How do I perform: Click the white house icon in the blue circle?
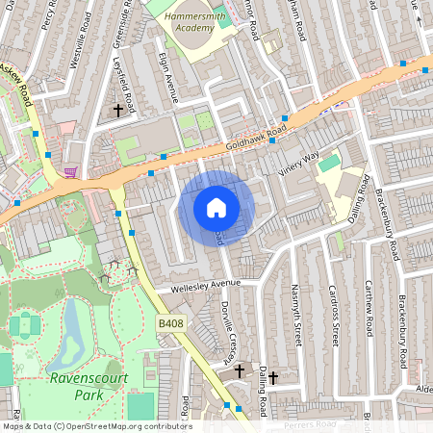pyautogui.click(x=216, y=207)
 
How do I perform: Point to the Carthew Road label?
pyautogui.click(x=368, y=308)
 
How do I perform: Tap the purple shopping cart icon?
pyautogui.click(x=70, y=173)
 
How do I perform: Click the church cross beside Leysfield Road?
pyautogui.click(x=119, y=111)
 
